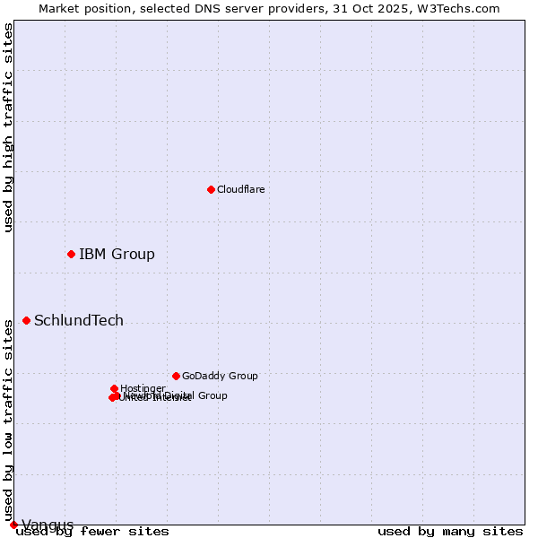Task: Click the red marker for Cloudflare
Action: (x=211, y=189)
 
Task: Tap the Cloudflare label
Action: (x=240, y=189)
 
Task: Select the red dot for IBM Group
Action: (x=71, y=254)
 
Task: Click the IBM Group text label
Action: (x=117, y=254)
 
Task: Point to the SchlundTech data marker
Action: (x=26, y=320)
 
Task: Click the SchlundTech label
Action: (x=79, y=320)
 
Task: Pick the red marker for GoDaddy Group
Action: (x=176, y=376)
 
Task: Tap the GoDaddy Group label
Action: (x=220, y=376)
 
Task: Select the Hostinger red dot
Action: (x=114, y=388)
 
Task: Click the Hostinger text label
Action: (x=143, y=388)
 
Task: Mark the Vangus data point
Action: (x=13, y=525)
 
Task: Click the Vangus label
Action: (x=48, y=525)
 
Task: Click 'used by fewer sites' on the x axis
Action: (x=92, y=532)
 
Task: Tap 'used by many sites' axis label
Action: (x=450, y=532)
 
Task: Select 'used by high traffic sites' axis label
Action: (x=8, y=127)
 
